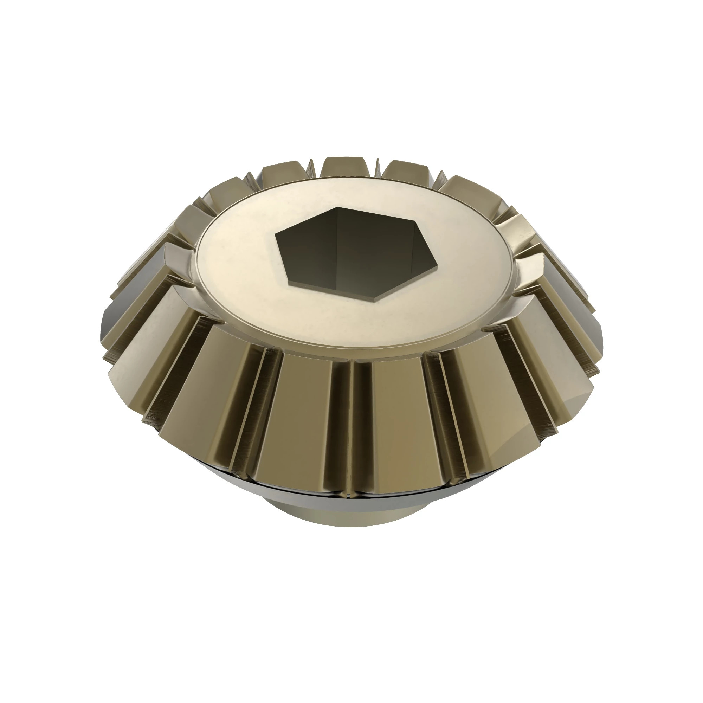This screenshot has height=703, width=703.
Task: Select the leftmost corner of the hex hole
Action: (x=275, y=235)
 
